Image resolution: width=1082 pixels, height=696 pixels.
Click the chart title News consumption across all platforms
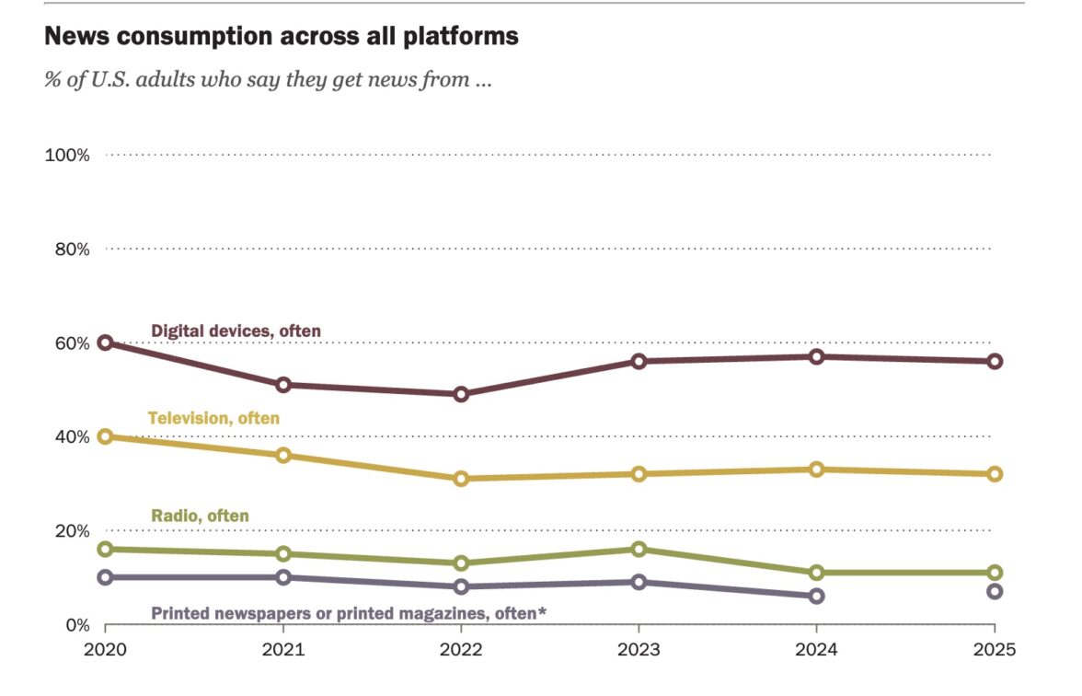tap(282, 37)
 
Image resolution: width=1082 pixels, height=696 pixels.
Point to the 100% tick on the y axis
tap(67, 155)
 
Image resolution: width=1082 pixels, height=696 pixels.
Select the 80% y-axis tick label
tap(71, 249)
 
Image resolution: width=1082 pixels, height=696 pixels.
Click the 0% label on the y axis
tap(77, 625)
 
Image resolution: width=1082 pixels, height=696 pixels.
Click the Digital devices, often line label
tap(236, 331)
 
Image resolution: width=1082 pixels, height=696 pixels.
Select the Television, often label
tap(213, 419)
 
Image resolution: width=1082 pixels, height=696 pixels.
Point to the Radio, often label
tap(200, 516)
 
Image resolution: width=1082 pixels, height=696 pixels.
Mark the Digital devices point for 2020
tap(105, 342)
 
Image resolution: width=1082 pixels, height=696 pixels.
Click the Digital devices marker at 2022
tap(461, 394)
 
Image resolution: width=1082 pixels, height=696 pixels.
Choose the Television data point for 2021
tap(283, 455)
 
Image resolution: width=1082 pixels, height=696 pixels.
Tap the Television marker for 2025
tap(995, 474)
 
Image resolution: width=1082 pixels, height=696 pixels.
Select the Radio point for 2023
tap(639, 549)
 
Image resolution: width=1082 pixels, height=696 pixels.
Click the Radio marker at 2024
tap(816, 573)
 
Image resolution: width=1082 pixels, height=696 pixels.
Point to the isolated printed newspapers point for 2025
tap(995, 591)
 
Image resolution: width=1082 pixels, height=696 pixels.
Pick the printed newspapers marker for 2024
tap(816, 596)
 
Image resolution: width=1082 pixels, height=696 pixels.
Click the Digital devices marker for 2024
tap(816, 356)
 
